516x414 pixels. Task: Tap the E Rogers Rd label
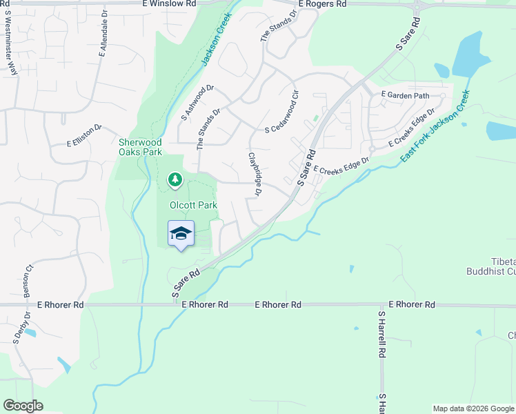click(323, 4)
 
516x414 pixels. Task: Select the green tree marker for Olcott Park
click(175, 180)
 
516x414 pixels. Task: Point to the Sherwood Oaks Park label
click(140, 146)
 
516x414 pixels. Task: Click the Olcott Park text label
click(194, 205)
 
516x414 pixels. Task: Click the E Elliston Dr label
click(84, 136)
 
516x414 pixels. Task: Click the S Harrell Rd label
click(381, 334)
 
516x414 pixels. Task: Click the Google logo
click(23, 406)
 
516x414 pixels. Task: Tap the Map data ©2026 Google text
click(473, 408)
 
